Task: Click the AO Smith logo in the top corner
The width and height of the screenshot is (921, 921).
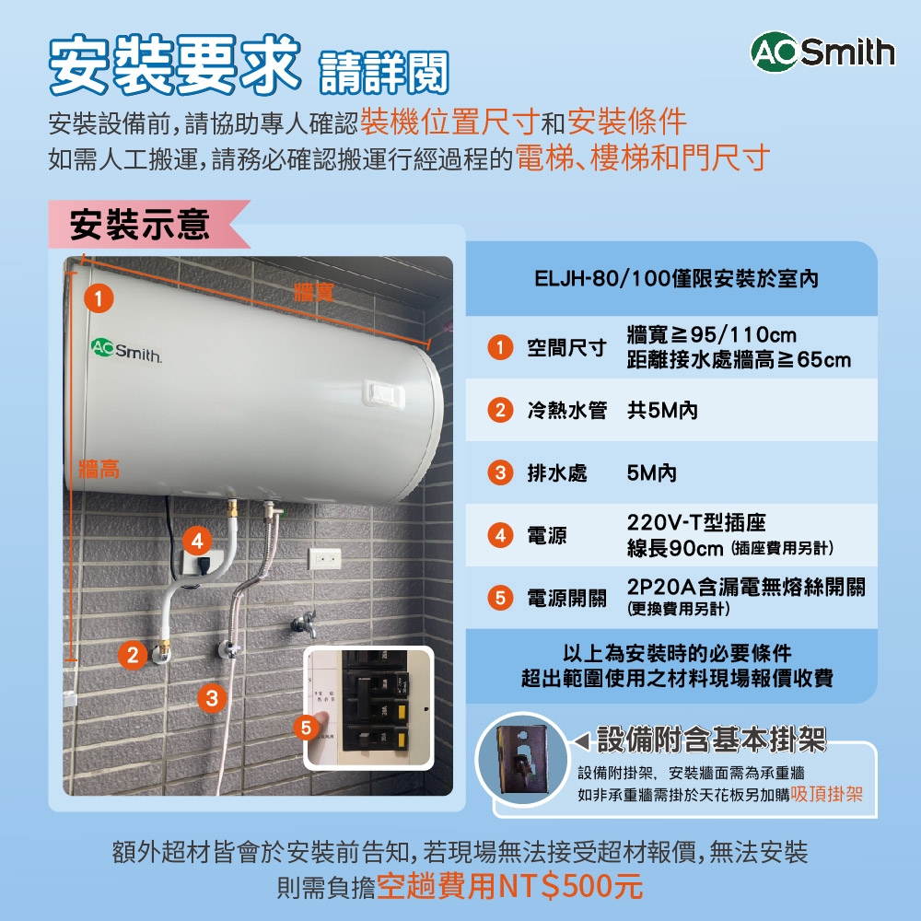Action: point(822,52)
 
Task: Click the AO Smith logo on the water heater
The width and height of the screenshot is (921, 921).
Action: point(126,351)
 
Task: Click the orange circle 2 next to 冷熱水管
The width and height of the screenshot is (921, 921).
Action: point(499,411)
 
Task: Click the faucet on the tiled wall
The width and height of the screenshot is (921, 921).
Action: point(301,623)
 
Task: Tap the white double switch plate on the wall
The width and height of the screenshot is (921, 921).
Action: point(324,558)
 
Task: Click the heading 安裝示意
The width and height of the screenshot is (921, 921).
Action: point(140,224)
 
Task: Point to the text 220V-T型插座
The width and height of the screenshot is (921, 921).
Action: point(696,524)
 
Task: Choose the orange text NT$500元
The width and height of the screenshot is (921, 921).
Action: point(569,886)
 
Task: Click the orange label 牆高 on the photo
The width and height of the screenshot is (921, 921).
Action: point(99,470)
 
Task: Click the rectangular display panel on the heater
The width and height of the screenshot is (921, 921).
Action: point(384,391)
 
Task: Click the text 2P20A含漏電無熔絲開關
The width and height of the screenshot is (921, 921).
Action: point(746,588)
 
